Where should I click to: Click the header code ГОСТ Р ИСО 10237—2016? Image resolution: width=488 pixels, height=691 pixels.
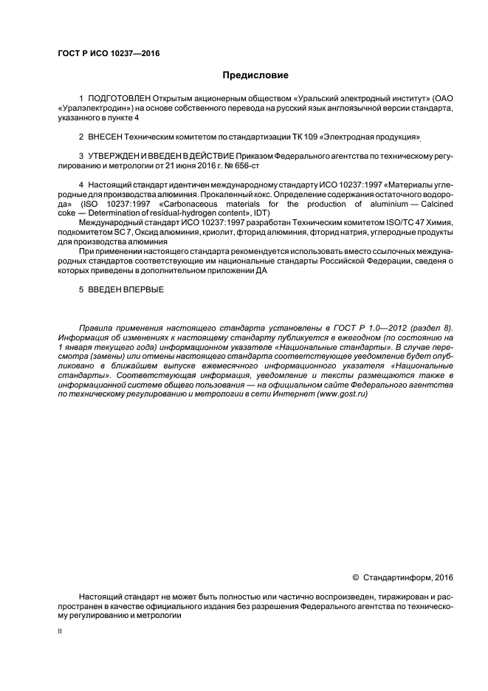(109, 54)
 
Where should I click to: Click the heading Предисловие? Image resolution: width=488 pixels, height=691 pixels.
(255, 75)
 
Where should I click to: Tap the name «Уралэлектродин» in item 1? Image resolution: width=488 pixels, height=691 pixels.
(92, 108)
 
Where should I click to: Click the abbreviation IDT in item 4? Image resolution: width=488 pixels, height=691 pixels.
(262, 213)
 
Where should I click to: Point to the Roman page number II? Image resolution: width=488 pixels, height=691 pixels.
(61, 632)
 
